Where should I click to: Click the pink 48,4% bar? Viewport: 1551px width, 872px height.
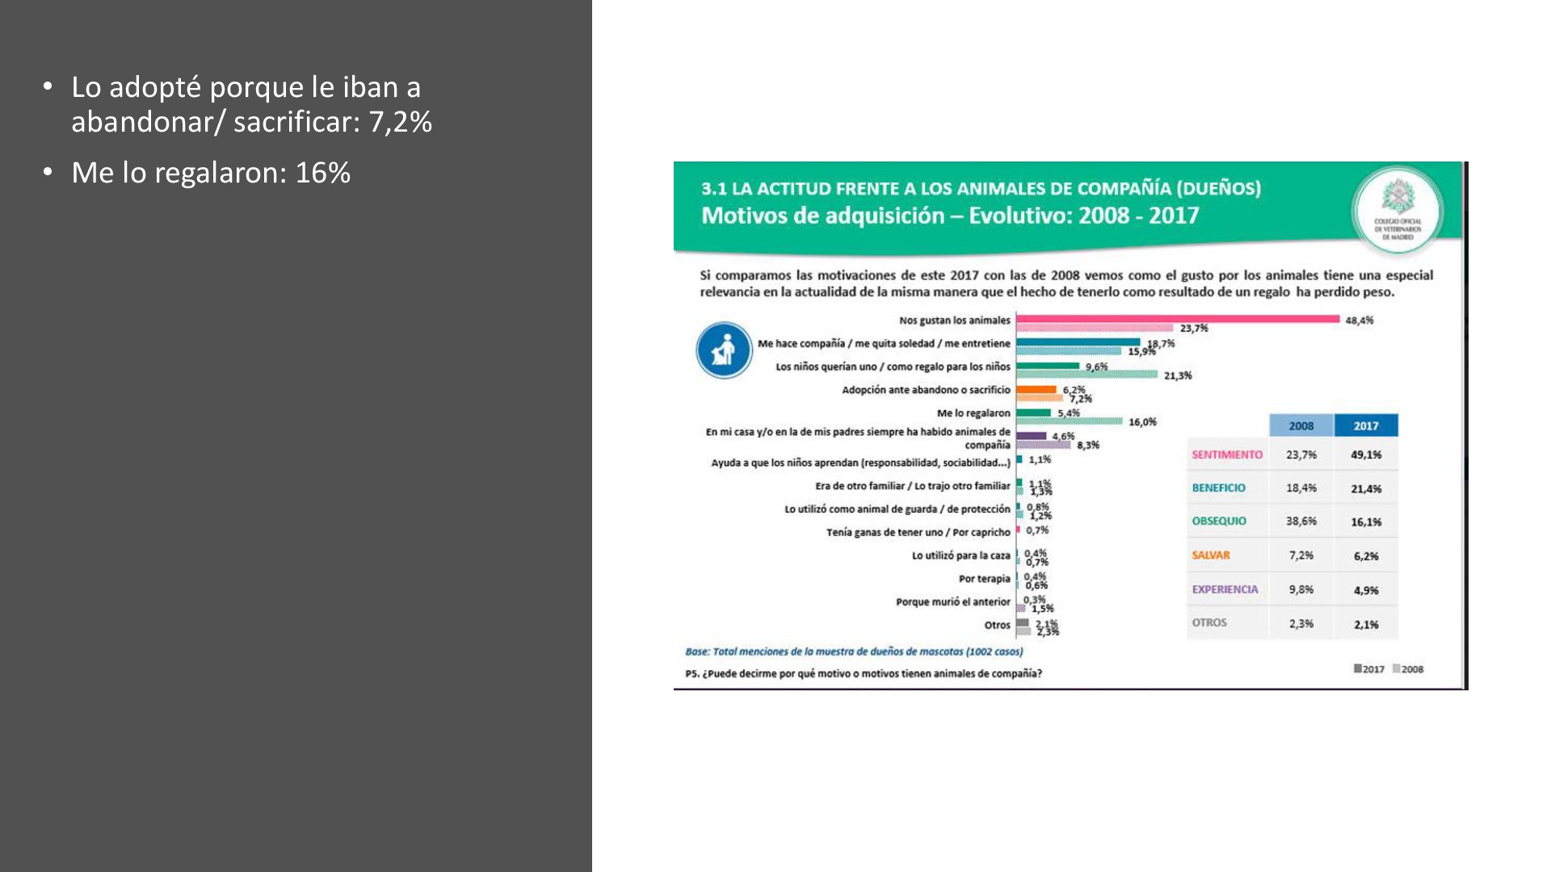1177,319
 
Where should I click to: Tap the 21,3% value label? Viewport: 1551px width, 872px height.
1177,375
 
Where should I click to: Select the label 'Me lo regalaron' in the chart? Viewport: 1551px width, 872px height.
973,413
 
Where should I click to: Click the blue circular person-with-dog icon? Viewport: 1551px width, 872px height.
724,350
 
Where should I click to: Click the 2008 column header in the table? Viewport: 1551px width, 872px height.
1301,426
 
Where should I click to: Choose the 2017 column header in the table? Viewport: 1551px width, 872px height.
1365,426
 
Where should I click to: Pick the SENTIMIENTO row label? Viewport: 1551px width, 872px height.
1226,455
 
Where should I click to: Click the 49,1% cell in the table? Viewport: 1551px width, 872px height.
1365,455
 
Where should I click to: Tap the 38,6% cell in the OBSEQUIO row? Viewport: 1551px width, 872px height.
1301,522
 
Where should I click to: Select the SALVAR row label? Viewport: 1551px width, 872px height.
1210,555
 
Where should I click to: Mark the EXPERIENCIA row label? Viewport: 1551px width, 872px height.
1225,589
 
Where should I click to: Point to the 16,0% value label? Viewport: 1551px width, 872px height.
1142,422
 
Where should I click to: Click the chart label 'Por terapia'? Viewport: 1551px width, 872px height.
984,579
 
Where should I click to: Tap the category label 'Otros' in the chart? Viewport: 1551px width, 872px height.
997,625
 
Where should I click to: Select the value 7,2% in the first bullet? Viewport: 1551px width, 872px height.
400,122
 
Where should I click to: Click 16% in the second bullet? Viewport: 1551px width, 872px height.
322,173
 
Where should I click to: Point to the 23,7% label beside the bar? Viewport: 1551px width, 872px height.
1193,329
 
